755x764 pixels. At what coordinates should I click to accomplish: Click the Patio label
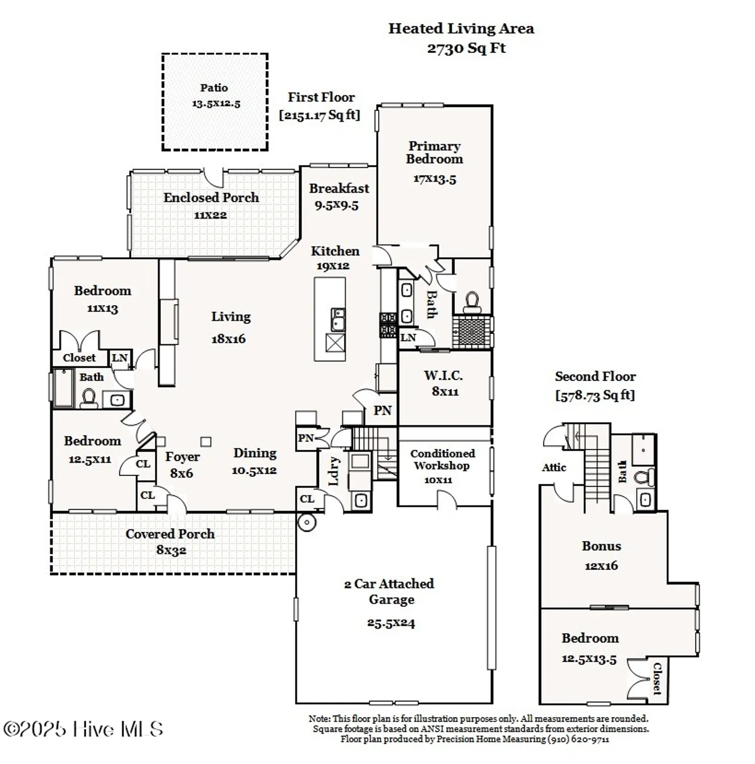coord(213,88)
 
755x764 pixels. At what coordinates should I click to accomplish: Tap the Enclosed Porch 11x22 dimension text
coord(210,215)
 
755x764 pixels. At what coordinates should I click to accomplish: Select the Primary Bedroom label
coord(434,152)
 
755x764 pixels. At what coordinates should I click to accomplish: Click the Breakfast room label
coord(339,188)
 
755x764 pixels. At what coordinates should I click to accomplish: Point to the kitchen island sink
coord(337,319)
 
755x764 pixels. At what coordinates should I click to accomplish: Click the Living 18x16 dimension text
coord(228,339)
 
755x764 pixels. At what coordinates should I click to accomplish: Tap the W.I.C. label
coord(443,376)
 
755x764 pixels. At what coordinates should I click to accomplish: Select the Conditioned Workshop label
coord(442,459)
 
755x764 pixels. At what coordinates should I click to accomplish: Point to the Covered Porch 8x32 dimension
coord(171,551)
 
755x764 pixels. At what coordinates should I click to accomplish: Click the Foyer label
coord(182,457)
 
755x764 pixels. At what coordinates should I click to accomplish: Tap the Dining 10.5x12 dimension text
coord(254,471)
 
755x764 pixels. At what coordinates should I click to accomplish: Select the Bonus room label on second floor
coord(601,546)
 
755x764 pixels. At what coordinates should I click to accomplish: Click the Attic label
coord(554,468)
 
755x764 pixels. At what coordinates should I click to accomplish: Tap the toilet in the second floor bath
coord(644,478)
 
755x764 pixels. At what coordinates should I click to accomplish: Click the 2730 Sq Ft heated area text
coord(466,48)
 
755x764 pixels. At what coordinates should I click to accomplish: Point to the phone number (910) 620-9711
coord(578,739)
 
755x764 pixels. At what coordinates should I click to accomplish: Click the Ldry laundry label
coord(334,471)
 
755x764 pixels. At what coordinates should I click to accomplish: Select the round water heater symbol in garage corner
coord(307,523)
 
